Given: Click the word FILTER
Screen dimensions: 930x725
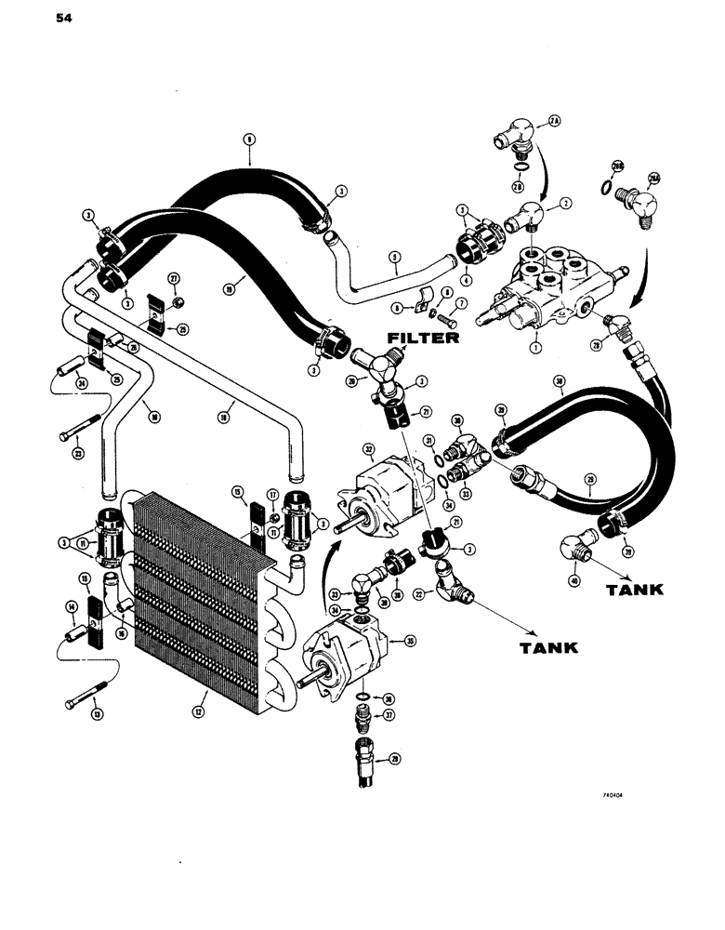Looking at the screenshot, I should pos(422,338).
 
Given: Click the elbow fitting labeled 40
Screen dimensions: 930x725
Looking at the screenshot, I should pos(572,548).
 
